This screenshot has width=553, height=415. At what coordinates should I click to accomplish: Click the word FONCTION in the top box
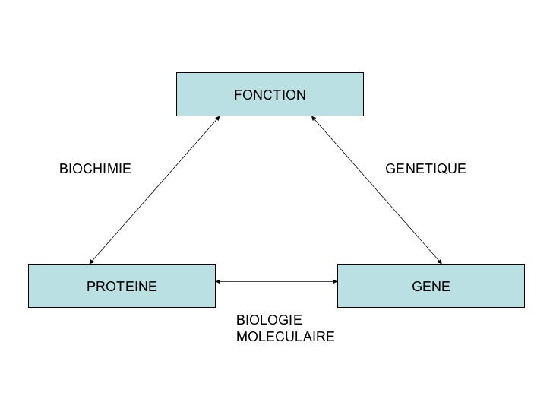pos(270,95)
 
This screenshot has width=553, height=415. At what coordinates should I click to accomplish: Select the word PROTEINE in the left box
pos(122,287)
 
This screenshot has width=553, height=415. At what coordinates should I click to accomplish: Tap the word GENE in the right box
pos(431,287)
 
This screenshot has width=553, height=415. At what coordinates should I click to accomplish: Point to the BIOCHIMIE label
pos(95,168)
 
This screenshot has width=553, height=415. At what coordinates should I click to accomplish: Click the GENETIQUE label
pos(425,168)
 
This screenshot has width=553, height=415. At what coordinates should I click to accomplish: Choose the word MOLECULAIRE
pos(285,337)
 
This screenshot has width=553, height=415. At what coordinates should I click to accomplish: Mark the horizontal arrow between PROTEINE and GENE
pos(276,282)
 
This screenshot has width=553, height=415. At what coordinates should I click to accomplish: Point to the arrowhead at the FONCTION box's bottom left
pos(217,119)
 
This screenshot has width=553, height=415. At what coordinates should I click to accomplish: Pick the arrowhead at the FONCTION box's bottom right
pos(314,119)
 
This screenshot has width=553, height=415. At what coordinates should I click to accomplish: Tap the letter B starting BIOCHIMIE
pos(63,168)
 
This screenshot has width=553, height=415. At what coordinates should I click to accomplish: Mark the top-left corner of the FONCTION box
pos(177,73)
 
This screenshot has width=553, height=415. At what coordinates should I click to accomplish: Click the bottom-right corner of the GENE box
pos(524,306)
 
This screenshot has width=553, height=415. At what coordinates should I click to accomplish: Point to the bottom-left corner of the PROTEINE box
pos(29,306)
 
